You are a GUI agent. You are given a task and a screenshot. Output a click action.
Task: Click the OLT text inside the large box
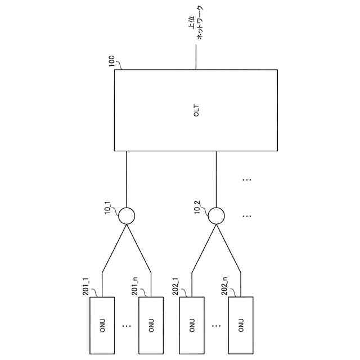click(196, 111)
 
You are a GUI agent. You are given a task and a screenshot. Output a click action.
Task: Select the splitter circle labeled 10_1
click(127, 215)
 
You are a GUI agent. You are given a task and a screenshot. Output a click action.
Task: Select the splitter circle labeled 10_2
click(217, 215)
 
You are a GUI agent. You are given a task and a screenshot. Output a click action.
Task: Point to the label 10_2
click(197, 209)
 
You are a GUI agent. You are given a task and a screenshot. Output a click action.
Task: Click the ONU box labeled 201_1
click(102, 325)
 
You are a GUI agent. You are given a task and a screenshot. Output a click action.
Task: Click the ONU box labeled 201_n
click(151, 325)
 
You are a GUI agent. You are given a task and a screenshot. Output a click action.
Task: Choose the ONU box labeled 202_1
click(192, 325)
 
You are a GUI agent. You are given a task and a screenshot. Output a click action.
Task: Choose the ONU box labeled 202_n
click(241, 325)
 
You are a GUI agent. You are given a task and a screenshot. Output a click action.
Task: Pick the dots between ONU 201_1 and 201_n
click(127, 325)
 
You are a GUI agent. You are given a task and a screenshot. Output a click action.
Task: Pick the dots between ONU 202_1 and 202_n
click(217, 325)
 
